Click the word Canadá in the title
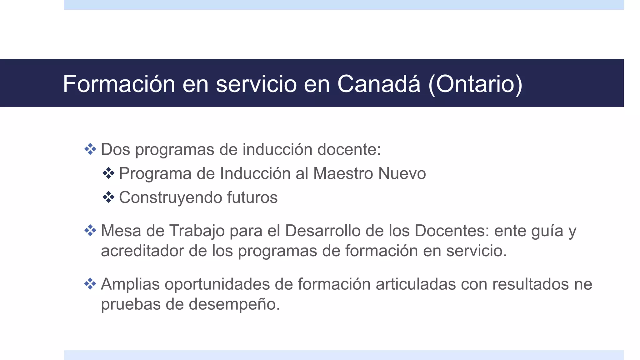379,84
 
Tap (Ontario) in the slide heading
475,84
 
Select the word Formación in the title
119,84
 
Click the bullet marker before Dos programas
90,149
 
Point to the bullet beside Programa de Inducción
108,173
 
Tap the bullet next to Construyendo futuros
108,197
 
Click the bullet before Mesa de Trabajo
90,231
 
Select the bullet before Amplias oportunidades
90,284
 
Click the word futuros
252,197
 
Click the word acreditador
142,251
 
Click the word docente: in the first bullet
349,149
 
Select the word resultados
530,284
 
